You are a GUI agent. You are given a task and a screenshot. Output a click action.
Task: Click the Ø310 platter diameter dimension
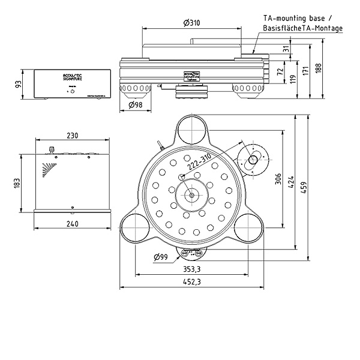point(191,23)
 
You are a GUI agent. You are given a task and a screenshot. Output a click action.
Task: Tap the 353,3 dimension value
point(191,269)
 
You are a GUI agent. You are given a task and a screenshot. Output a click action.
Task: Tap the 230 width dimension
point(72,136)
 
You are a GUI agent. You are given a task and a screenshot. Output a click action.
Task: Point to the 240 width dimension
point(72,224)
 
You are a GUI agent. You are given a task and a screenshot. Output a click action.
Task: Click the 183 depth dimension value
point(17,181)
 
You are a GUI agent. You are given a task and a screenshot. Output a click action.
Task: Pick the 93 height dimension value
point(17,84)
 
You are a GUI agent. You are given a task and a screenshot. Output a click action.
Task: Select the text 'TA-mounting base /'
point(297,19)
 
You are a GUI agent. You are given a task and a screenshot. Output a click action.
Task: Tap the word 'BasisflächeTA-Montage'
point(303,28)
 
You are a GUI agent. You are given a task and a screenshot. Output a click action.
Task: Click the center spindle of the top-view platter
point(191,195)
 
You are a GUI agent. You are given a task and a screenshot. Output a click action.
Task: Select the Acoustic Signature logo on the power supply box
point(73,76)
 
